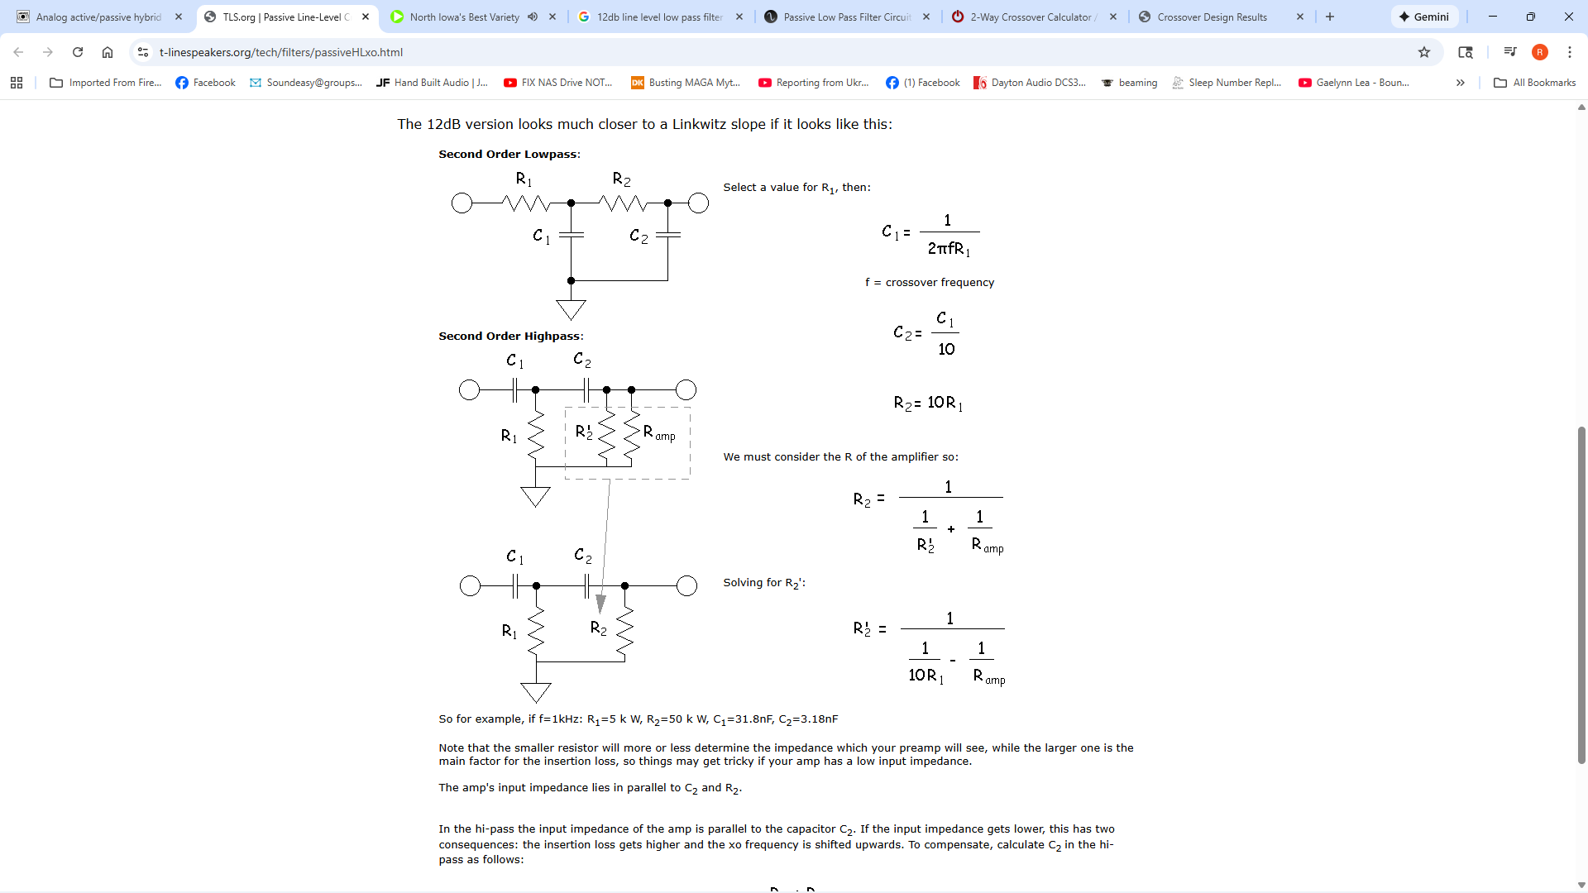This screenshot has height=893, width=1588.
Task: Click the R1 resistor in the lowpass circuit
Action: [x=526, y=203]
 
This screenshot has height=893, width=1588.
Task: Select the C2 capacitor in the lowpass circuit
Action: [x=667, y=236]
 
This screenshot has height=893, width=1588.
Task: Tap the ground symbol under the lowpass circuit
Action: [x=571, y=309]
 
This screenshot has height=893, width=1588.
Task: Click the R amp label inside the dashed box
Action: [x=659, y=433]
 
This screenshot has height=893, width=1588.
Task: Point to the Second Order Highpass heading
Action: [x=510, y=336]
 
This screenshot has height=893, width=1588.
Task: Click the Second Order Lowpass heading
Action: [x=509, y=154]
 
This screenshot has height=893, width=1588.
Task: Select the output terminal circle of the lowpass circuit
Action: [x=698, y=203]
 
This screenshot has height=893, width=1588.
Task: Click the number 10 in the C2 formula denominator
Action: [x=946, y=349]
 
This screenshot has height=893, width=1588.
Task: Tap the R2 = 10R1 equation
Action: [x=928, y=403]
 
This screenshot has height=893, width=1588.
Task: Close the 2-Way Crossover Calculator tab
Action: [x=1113, y=17]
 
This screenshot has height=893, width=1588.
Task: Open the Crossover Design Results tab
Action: [x=1212, y=17]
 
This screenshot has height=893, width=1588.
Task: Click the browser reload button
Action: [x=78, y=52]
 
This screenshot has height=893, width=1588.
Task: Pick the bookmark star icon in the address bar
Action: [x=1423, y=52]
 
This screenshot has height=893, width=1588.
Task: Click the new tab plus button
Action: [x=1330, y=17]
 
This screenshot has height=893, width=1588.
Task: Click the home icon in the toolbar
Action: [x=108, y=52]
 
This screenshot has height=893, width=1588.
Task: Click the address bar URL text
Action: [x=281, y=52]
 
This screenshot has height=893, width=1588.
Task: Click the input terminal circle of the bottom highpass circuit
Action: [x=470, y=586]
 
